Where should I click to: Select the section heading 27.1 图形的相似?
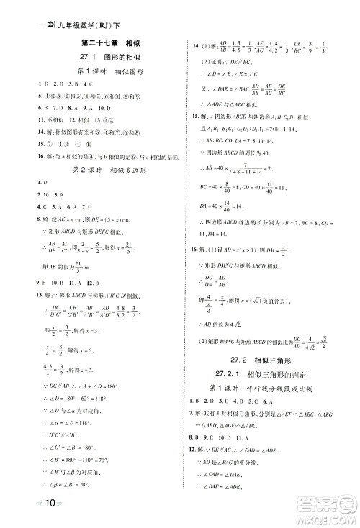(x=110, y=58)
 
